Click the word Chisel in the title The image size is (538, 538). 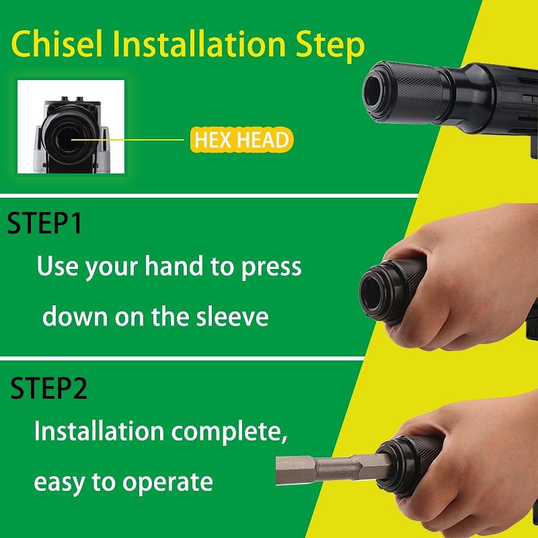[x=57, y=44]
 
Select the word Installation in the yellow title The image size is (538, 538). [x=199, y=44]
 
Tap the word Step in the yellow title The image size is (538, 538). [x=330, y=46]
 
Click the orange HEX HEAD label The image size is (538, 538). [x=242, y=140]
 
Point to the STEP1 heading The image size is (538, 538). [x=44, y=223]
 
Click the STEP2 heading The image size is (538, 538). [x=48, y=388]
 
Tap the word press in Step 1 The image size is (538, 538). [x=271, y=268]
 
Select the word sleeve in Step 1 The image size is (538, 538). [x=232, y=316]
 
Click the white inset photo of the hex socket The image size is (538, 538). [x=71, y=126]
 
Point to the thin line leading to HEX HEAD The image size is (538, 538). [x=128, y=140]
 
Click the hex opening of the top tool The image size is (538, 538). [x=373, y=90]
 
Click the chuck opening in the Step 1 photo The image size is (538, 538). [x=371, y=292]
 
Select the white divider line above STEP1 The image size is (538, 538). [x=208, y=196]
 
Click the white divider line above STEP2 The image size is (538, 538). [x=182, y=358]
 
